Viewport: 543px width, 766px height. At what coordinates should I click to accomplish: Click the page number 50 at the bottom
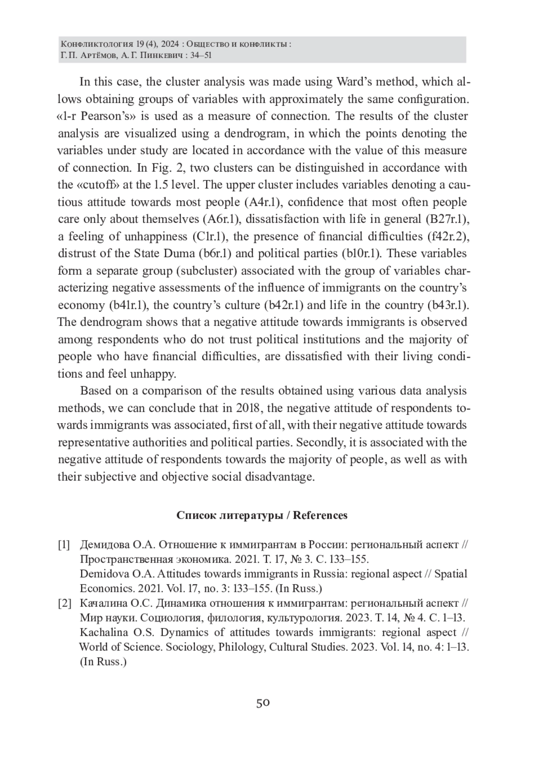(x=263, y=703)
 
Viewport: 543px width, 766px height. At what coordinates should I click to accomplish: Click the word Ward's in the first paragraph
(x=355, y=82)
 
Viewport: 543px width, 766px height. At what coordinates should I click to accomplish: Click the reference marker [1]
(x=64, y=545)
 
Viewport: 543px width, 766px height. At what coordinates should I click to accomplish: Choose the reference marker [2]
(x=64, y=604)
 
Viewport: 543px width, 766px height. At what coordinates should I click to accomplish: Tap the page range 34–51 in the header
(x=200, y=56)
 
